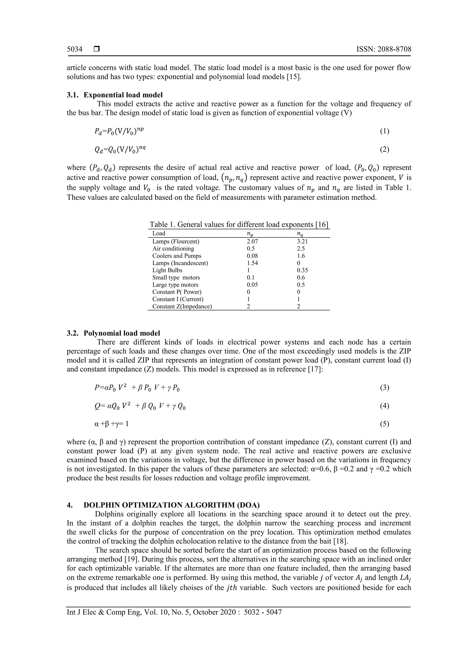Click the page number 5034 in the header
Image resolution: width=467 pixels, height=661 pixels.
point(75,49)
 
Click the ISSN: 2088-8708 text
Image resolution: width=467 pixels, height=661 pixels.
point(384,49)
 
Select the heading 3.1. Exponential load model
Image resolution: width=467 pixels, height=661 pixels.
point(114,95)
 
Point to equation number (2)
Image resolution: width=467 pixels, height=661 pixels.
point(384,149)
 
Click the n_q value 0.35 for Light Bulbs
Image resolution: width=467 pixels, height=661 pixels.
point(302,270)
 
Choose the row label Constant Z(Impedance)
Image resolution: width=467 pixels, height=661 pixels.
point(182,306)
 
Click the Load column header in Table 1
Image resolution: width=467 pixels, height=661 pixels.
point(159,233)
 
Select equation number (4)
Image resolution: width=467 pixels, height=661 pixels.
point(384,406)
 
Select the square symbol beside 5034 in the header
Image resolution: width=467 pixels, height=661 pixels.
point(97,49)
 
